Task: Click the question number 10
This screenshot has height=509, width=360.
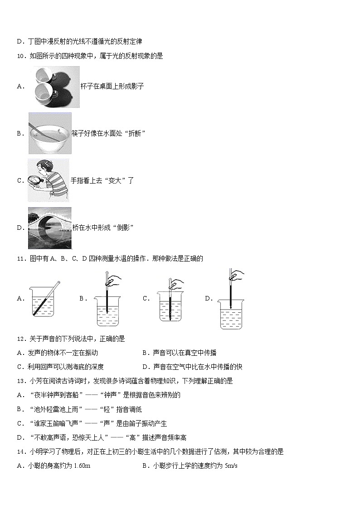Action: tap(21, 56)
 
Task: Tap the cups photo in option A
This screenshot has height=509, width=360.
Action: tap(54, 86)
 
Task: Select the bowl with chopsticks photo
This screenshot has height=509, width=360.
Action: tap(49, 133)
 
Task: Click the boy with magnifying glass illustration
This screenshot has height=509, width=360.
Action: tap(49, 180)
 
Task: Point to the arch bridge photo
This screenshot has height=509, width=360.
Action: tap(49, 228)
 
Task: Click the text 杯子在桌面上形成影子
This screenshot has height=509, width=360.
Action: tap(112, 86)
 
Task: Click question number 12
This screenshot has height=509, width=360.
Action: tap(21, 339)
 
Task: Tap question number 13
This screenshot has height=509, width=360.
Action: tap(21, 381)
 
